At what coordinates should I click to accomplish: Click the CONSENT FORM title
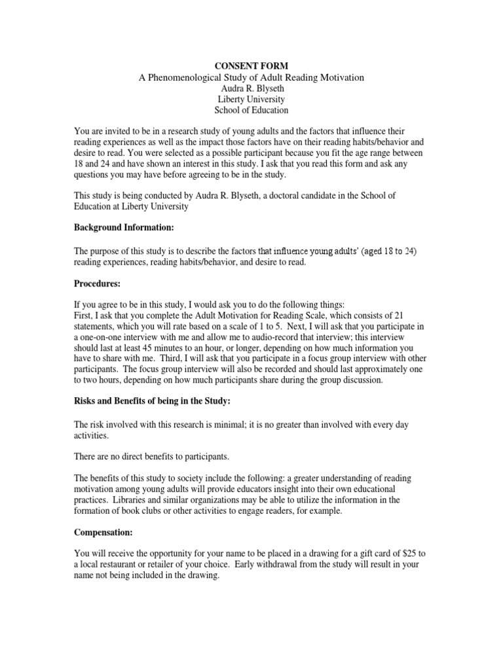251,66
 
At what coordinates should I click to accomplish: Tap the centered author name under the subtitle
251,88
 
